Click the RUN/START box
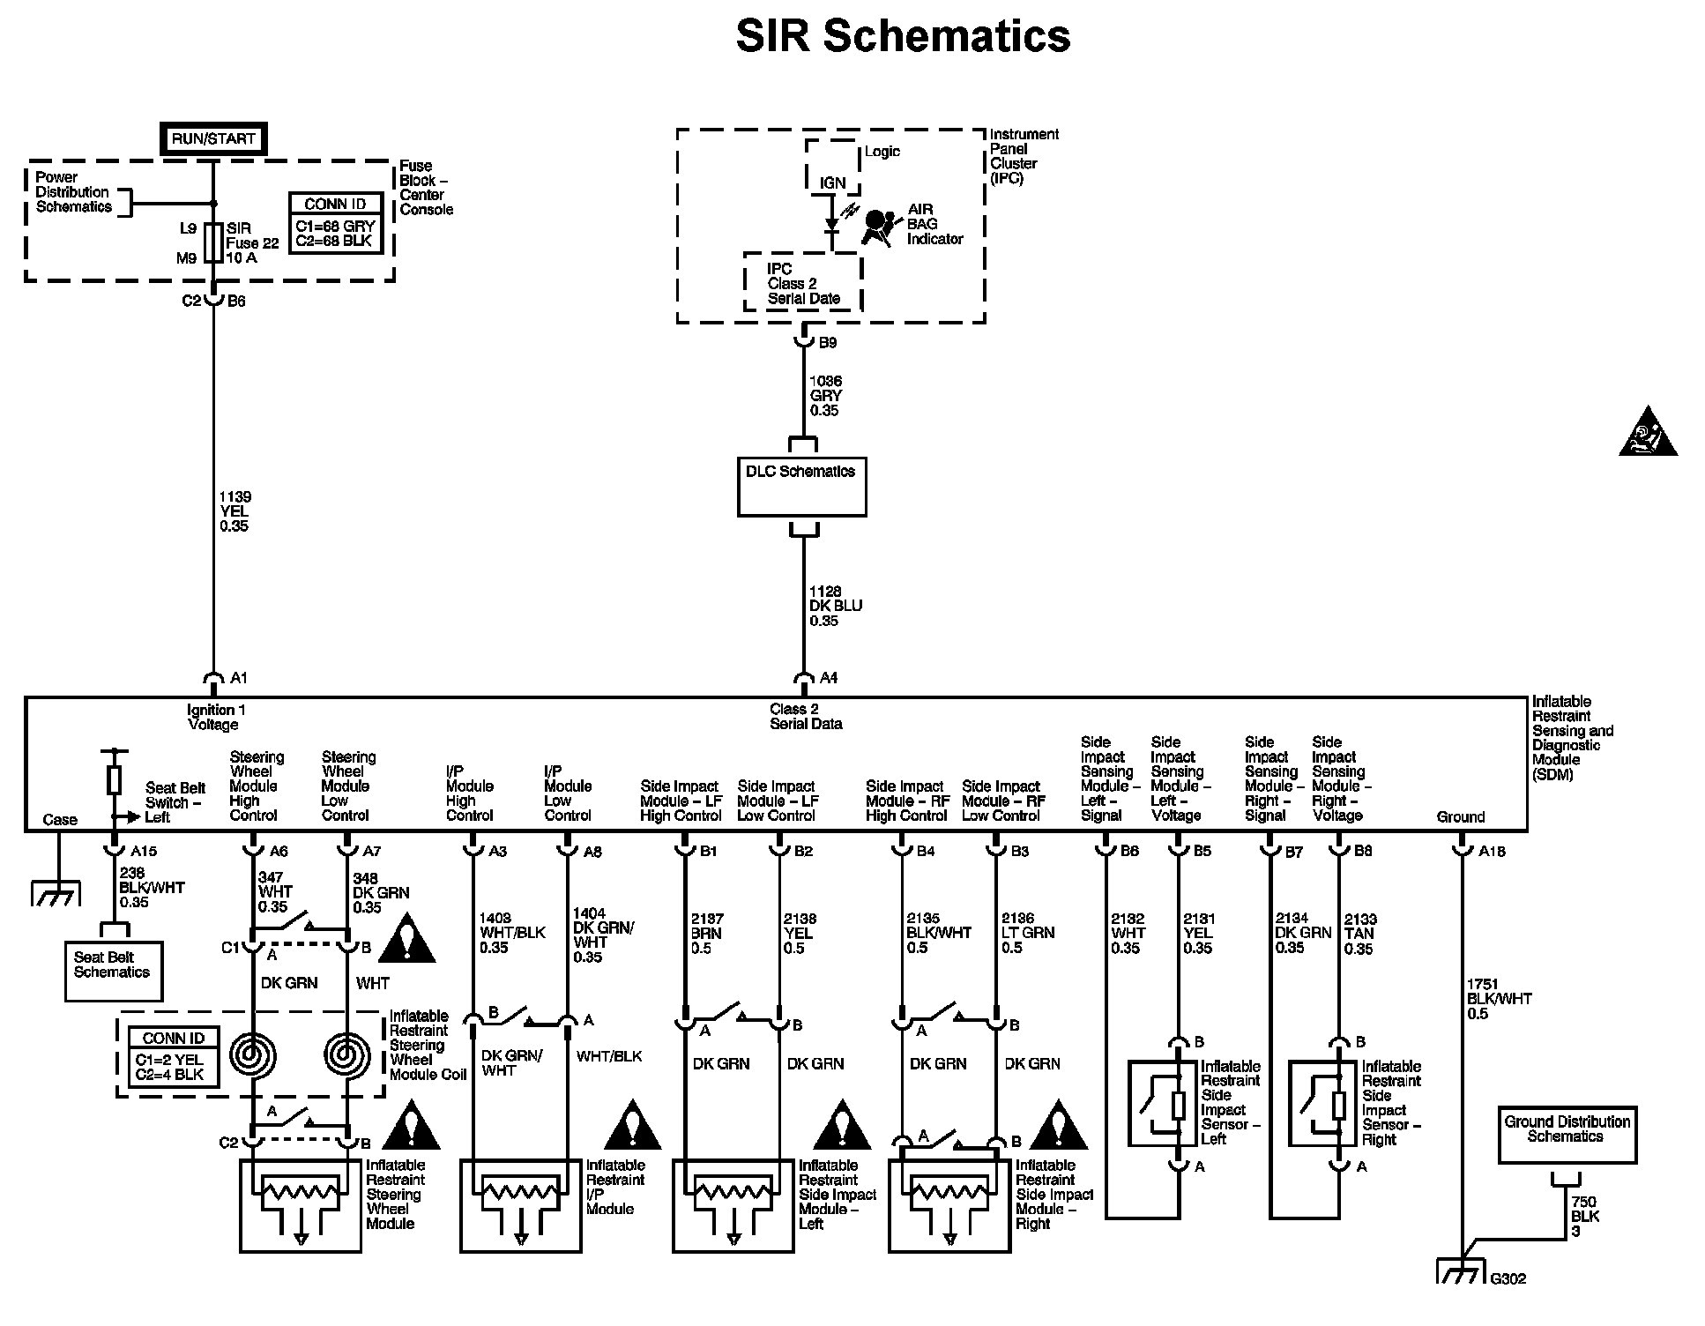coord(214,139)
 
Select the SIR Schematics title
coord(903,37)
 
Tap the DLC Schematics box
coord(801,486)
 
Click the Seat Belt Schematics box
coord(114,971)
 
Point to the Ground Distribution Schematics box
coord(1567,1136)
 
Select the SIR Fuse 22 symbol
coord(213,242)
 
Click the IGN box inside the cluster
coord(832,183)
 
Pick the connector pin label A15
coord(143,852)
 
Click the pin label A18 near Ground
coord(1492,852)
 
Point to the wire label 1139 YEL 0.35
coord(235,511)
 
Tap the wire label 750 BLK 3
coord(1585,1217)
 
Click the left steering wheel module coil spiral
coord(253,1054)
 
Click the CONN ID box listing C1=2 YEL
coord(173,1057)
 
